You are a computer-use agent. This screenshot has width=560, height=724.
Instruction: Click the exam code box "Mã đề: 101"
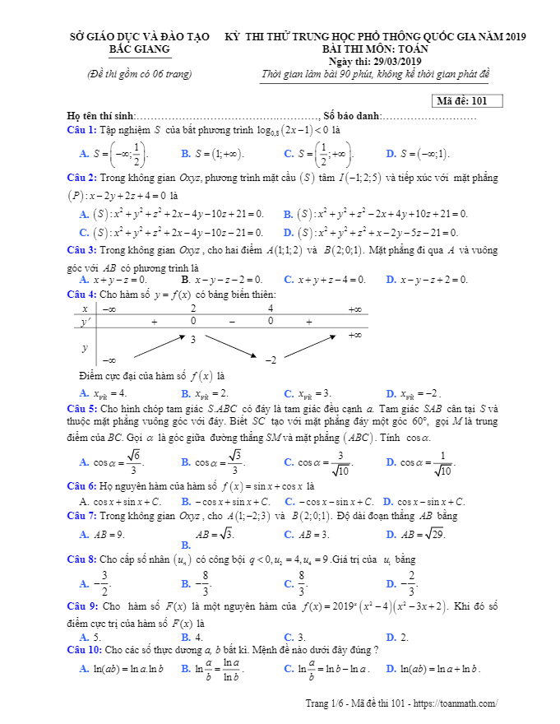pyautogui.click(x=466, y=101)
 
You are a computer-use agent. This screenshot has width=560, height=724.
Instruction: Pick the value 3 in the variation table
pyautogui.click(x=193, y=339)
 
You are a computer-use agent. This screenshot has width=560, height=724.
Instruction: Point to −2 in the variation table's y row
pyautogui.click(x=270, y=360)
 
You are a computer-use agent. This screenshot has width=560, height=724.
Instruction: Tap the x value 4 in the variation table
pyautogui.click(x=271, y=309)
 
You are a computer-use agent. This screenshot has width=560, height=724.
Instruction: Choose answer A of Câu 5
pyautogui.click(x=105, y=462)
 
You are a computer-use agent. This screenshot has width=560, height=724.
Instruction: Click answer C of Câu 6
pyautogui.click(x=329, y=501)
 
